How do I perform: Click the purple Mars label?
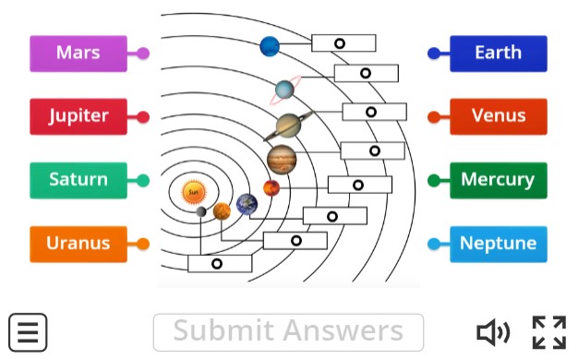click(x=78, y=54)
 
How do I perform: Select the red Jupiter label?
click(x=78, y=117)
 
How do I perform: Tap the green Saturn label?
click(x=78, y=180)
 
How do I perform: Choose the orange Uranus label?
click(x=78, y=244)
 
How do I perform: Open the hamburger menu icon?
click(x=28, y=331)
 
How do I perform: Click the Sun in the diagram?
click(x=193, y=192)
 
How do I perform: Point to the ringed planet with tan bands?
click(x=289, y=124)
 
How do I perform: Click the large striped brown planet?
click(x=282, y=159)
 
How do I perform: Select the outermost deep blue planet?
click(x=270, y=45)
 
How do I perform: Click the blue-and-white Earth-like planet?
click(x=247, y=204)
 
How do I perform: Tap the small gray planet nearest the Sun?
click(x=201, y=211)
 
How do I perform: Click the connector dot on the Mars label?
click(x=143, y=54)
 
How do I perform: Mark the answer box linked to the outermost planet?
click(x=343, y=43)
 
